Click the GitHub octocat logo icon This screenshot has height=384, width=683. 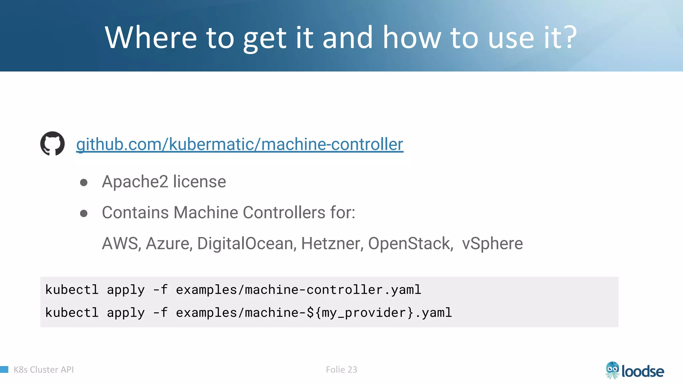(52, 144)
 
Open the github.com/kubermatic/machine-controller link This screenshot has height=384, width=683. (239, 144)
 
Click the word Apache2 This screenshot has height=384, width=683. (135, 182)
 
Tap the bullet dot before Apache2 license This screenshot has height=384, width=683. (84, 182)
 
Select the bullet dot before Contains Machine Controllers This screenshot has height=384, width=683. (84, 213)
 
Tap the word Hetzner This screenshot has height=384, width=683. (331, 243)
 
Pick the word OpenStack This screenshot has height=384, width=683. (410, 243)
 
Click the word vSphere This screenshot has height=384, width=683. (492, 243)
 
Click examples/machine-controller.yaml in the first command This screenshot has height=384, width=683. (298, 290)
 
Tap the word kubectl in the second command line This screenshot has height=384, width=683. (72, 313)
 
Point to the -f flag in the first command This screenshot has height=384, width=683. (160, 290)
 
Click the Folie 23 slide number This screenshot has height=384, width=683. (341, 370)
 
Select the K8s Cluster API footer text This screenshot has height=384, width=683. (44, 370)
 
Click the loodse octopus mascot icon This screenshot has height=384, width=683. (612, 370)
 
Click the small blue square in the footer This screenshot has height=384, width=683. (4, 369)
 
